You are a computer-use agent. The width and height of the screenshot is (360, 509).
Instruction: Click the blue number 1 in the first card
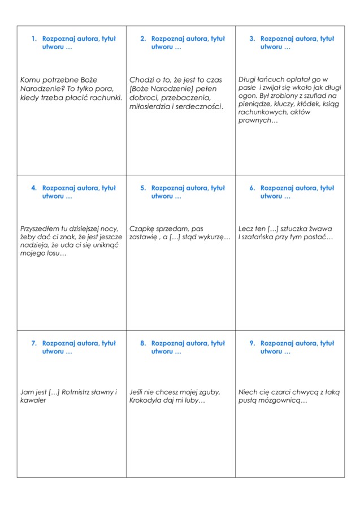pyautogui.click(x=34, y=39)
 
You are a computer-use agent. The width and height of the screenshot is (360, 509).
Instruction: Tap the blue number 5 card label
pyautogui.click(x=143, y=188)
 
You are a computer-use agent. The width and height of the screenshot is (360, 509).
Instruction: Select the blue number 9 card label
pyautogui.click(x=252, y=343)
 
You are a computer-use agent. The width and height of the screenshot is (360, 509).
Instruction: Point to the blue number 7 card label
pyautogui.click(x=34, y=343)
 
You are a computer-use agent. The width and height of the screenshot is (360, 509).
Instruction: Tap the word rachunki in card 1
pyautogui.click(x=105, y=98)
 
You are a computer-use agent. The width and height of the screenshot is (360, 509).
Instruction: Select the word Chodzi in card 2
pyautogui.click(x=141, y=80)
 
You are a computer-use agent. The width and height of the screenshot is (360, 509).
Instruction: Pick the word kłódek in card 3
pyautogui.click(x=308, y=104)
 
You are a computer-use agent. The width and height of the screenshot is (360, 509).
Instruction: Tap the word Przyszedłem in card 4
pyautogui.click(x=42, y=229)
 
